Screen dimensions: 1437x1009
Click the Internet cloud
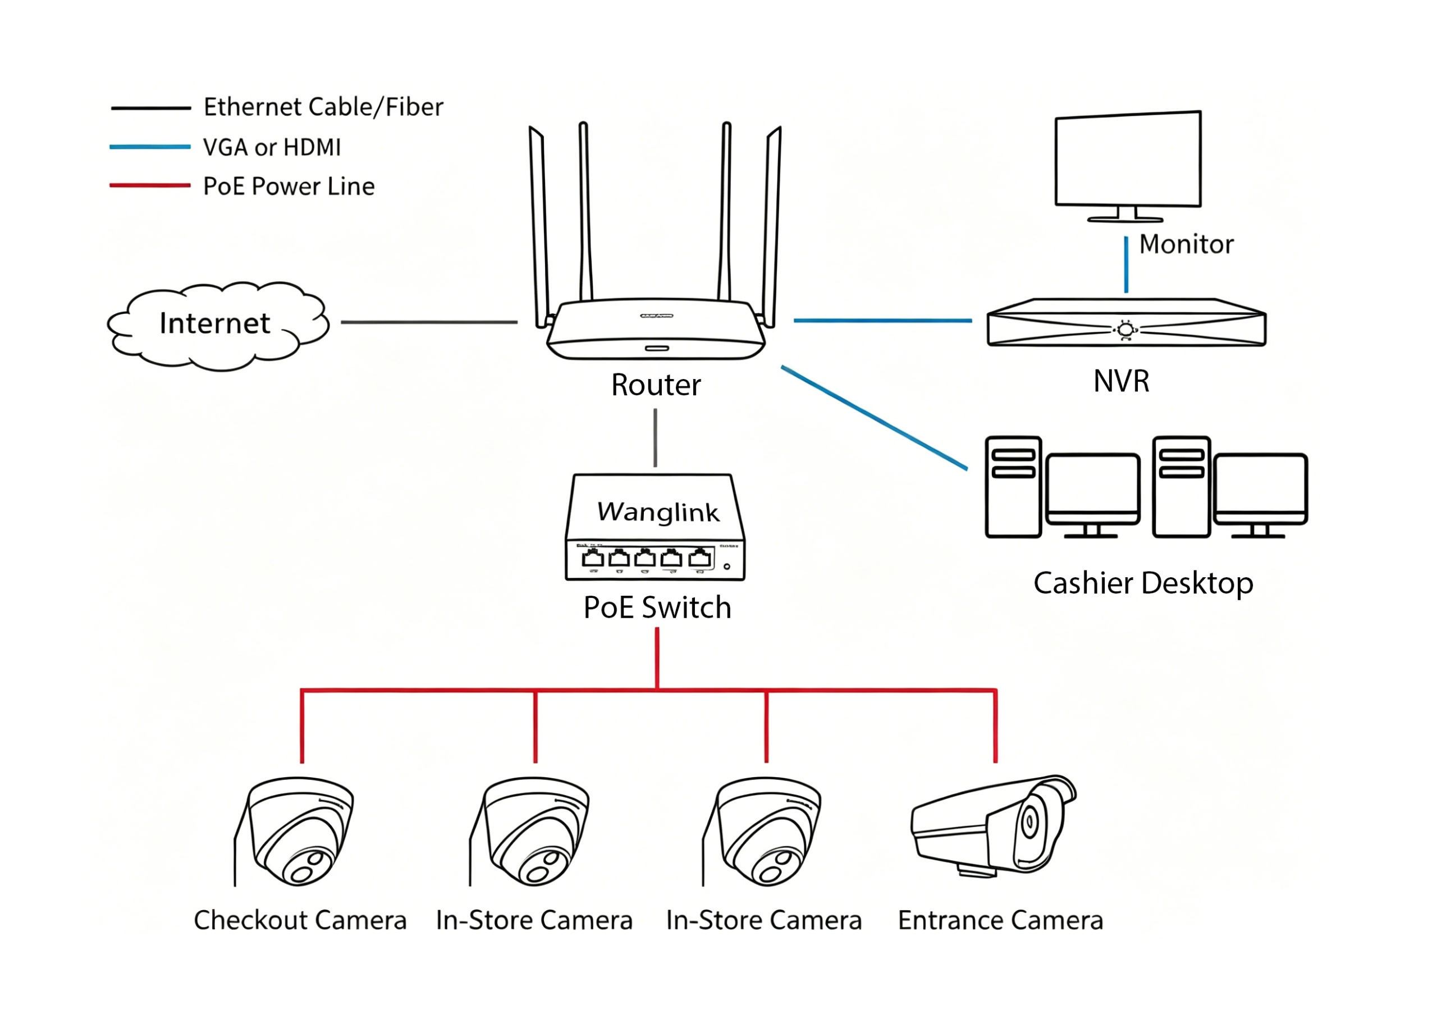coord(217,326)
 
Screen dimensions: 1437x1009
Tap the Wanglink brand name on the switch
coord(658,512)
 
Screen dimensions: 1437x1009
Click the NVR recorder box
coord(1127,322)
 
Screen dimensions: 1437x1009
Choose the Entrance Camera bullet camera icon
coord(994,825)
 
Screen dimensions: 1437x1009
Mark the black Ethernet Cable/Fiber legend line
coord(151,108)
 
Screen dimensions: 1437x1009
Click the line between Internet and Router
coord(429,322)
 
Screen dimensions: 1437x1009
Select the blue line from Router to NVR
coord(882,321)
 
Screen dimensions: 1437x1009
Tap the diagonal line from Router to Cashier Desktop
coord(875,418)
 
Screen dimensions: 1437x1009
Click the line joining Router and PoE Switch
coord(655,438)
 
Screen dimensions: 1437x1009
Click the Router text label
coord(656,385)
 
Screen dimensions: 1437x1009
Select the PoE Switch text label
coord(657,608)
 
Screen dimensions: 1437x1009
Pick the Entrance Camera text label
coord(1000,921)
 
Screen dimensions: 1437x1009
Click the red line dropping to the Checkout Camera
coord(301,727)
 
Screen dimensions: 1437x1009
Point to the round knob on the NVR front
coord(1125,330)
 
